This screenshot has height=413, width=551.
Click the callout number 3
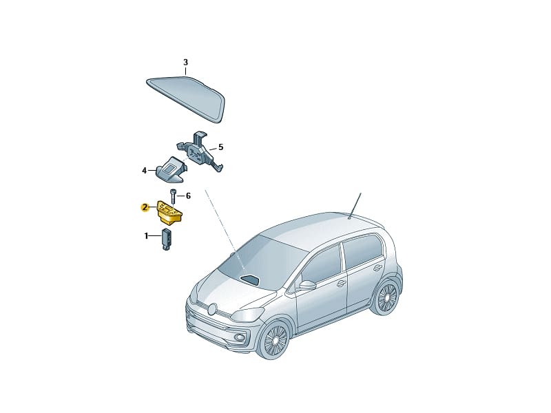[x=185, y=63]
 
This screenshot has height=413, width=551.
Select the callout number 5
[x=220, y=147]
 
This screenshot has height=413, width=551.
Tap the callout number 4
[x=144, y=171]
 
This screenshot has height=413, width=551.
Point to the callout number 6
[x=188, y=195]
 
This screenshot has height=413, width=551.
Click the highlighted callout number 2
[x=144, y=207]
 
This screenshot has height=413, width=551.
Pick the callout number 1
[x=146, y=236]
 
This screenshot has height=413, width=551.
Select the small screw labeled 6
[x=173, y=196]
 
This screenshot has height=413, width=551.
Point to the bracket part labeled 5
[x=200, y=151]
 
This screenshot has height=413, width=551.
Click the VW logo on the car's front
[x=212, y=308]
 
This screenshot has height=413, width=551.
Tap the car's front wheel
[x=275, y=340]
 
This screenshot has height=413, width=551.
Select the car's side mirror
[x=306, y=285]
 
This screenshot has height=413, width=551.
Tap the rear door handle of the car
[x=377, y=268]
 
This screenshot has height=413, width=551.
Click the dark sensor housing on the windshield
[x=249, y=279]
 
